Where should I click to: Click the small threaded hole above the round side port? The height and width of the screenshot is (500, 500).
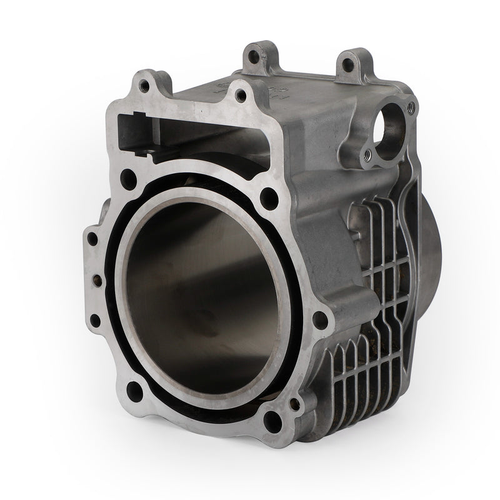coord(411,107)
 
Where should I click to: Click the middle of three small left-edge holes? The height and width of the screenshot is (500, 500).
coord(94,279)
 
